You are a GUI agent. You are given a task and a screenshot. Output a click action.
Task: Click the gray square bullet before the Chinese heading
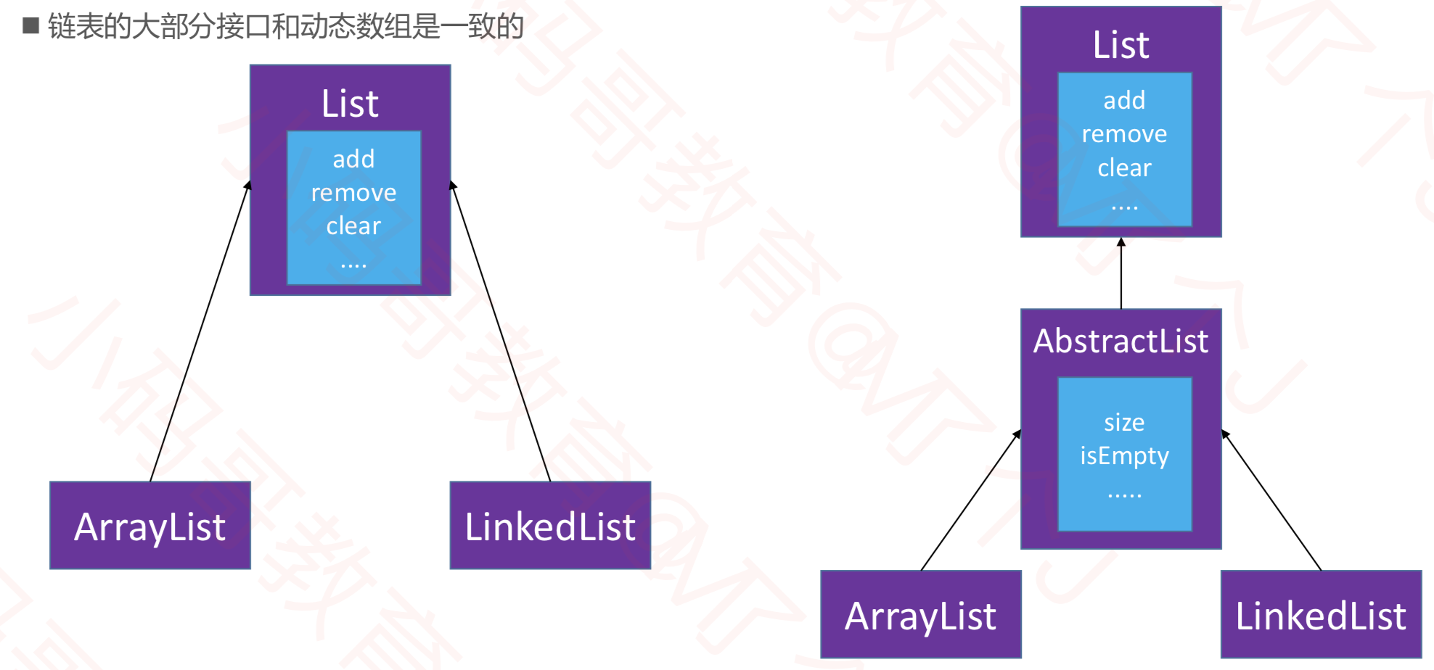(30, 26)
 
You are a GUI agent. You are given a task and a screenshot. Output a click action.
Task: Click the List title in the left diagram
(350, 104)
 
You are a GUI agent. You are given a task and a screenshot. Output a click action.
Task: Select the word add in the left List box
(353, 159)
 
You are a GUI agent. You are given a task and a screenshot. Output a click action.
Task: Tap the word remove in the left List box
(353, 192)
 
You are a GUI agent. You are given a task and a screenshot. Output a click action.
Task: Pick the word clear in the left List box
(353, 226)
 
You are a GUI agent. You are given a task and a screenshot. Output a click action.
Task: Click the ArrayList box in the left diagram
(150, 526)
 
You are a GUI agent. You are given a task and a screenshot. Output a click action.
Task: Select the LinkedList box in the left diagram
(550, 526)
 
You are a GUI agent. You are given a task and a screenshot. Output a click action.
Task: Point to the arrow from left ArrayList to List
(200, 331)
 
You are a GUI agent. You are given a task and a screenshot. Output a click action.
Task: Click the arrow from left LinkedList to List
(501, 331)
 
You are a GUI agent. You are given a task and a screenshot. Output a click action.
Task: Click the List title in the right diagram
(1120, 45)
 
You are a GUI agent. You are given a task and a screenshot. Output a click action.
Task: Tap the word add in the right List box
(1124, 100)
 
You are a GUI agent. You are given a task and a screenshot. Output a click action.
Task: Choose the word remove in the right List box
(1124, 134)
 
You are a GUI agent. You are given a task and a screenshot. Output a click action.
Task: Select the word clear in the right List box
(1124, 167)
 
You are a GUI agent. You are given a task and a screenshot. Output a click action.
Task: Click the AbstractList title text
(1120, 341)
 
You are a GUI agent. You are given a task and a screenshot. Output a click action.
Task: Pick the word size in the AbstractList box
(1124, 422)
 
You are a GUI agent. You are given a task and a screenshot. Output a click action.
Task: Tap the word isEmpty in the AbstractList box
(1124, 455)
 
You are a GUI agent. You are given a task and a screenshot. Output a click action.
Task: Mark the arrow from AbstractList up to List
(1121, 273)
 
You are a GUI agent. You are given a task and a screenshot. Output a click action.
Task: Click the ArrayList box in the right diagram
(921, 615)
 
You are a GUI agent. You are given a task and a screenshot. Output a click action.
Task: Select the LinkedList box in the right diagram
(1321, 615)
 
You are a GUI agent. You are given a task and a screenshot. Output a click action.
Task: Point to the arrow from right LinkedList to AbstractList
(1271, 501)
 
